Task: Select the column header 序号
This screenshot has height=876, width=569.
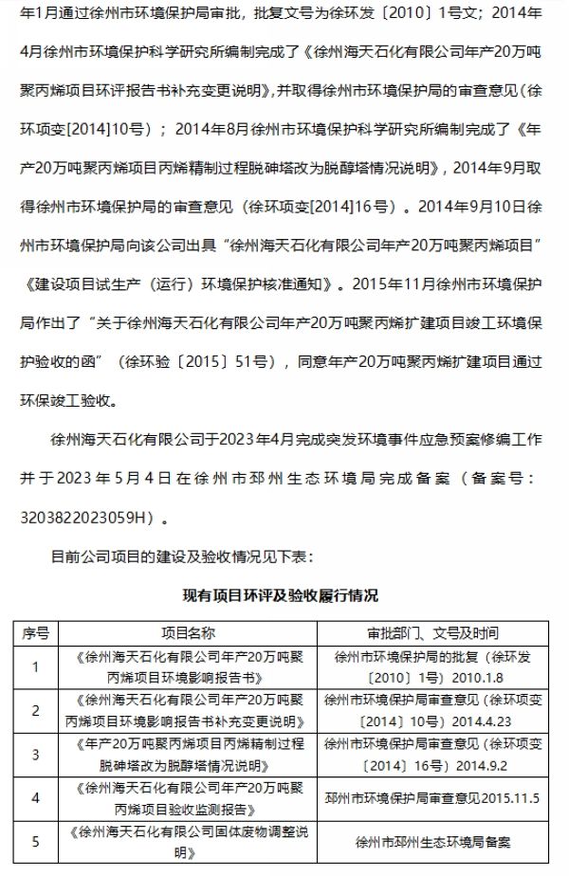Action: point(36,632)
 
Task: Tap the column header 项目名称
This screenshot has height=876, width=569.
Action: point(183,632)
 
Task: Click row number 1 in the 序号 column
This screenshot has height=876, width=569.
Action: point(36,666)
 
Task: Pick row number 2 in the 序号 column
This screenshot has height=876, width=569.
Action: point(36,710)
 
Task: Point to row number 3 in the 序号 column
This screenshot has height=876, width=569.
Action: point(36,754)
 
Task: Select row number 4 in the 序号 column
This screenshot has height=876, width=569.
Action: point(36,797)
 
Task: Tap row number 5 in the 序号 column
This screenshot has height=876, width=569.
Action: point(36,840)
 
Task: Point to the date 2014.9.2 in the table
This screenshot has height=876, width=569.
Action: point(481,764)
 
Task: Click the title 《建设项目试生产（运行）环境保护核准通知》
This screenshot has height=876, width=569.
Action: point(175,283)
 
